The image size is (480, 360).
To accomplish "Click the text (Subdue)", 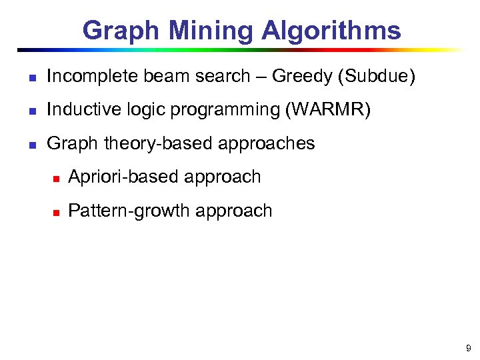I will (377, 77).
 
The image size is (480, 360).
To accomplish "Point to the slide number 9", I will (468, 347).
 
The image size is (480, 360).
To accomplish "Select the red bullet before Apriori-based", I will (56, 178).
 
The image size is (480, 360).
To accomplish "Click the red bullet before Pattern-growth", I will (56, 212).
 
